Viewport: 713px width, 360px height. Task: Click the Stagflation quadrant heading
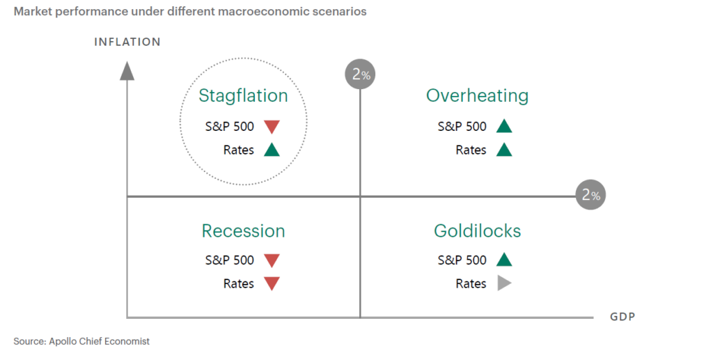(x=243, y=96)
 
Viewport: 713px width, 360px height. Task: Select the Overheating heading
(x=477, y=96)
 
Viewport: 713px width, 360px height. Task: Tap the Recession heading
(x=243, y=231)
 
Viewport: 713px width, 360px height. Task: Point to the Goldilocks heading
(x=477, y=231)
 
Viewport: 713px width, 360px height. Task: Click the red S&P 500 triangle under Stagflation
(x=272, y=127)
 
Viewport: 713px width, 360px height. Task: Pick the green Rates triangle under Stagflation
(x=272, y=150)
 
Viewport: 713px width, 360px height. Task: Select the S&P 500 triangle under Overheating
(x=504, y=126)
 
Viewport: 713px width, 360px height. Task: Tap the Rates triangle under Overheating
(x=504, y=150)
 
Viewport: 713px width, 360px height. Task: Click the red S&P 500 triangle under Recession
(x=272, y=260)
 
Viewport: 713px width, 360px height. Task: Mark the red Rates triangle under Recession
(x=272, y=284)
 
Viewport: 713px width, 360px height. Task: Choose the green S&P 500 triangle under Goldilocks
(x=504, y=260)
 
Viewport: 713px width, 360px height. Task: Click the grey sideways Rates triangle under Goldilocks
(x=504, y=283)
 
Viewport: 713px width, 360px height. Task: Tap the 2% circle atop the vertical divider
(x=361, y=74)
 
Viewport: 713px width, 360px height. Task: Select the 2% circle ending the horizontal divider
(x=590, y=195)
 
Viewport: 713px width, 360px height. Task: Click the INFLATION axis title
(x=127, y=42)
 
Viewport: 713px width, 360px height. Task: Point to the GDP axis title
(x=622, y=317)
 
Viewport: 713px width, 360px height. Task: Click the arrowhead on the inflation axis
(x=127, y=71)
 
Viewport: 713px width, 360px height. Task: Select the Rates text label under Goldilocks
(x=471, y=283)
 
